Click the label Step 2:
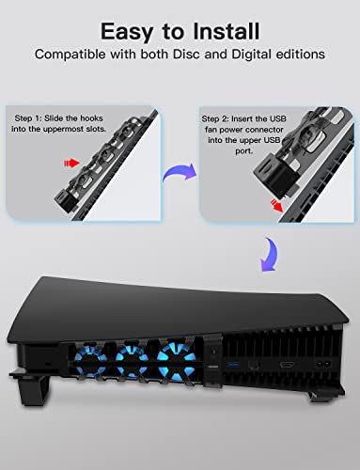219,120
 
